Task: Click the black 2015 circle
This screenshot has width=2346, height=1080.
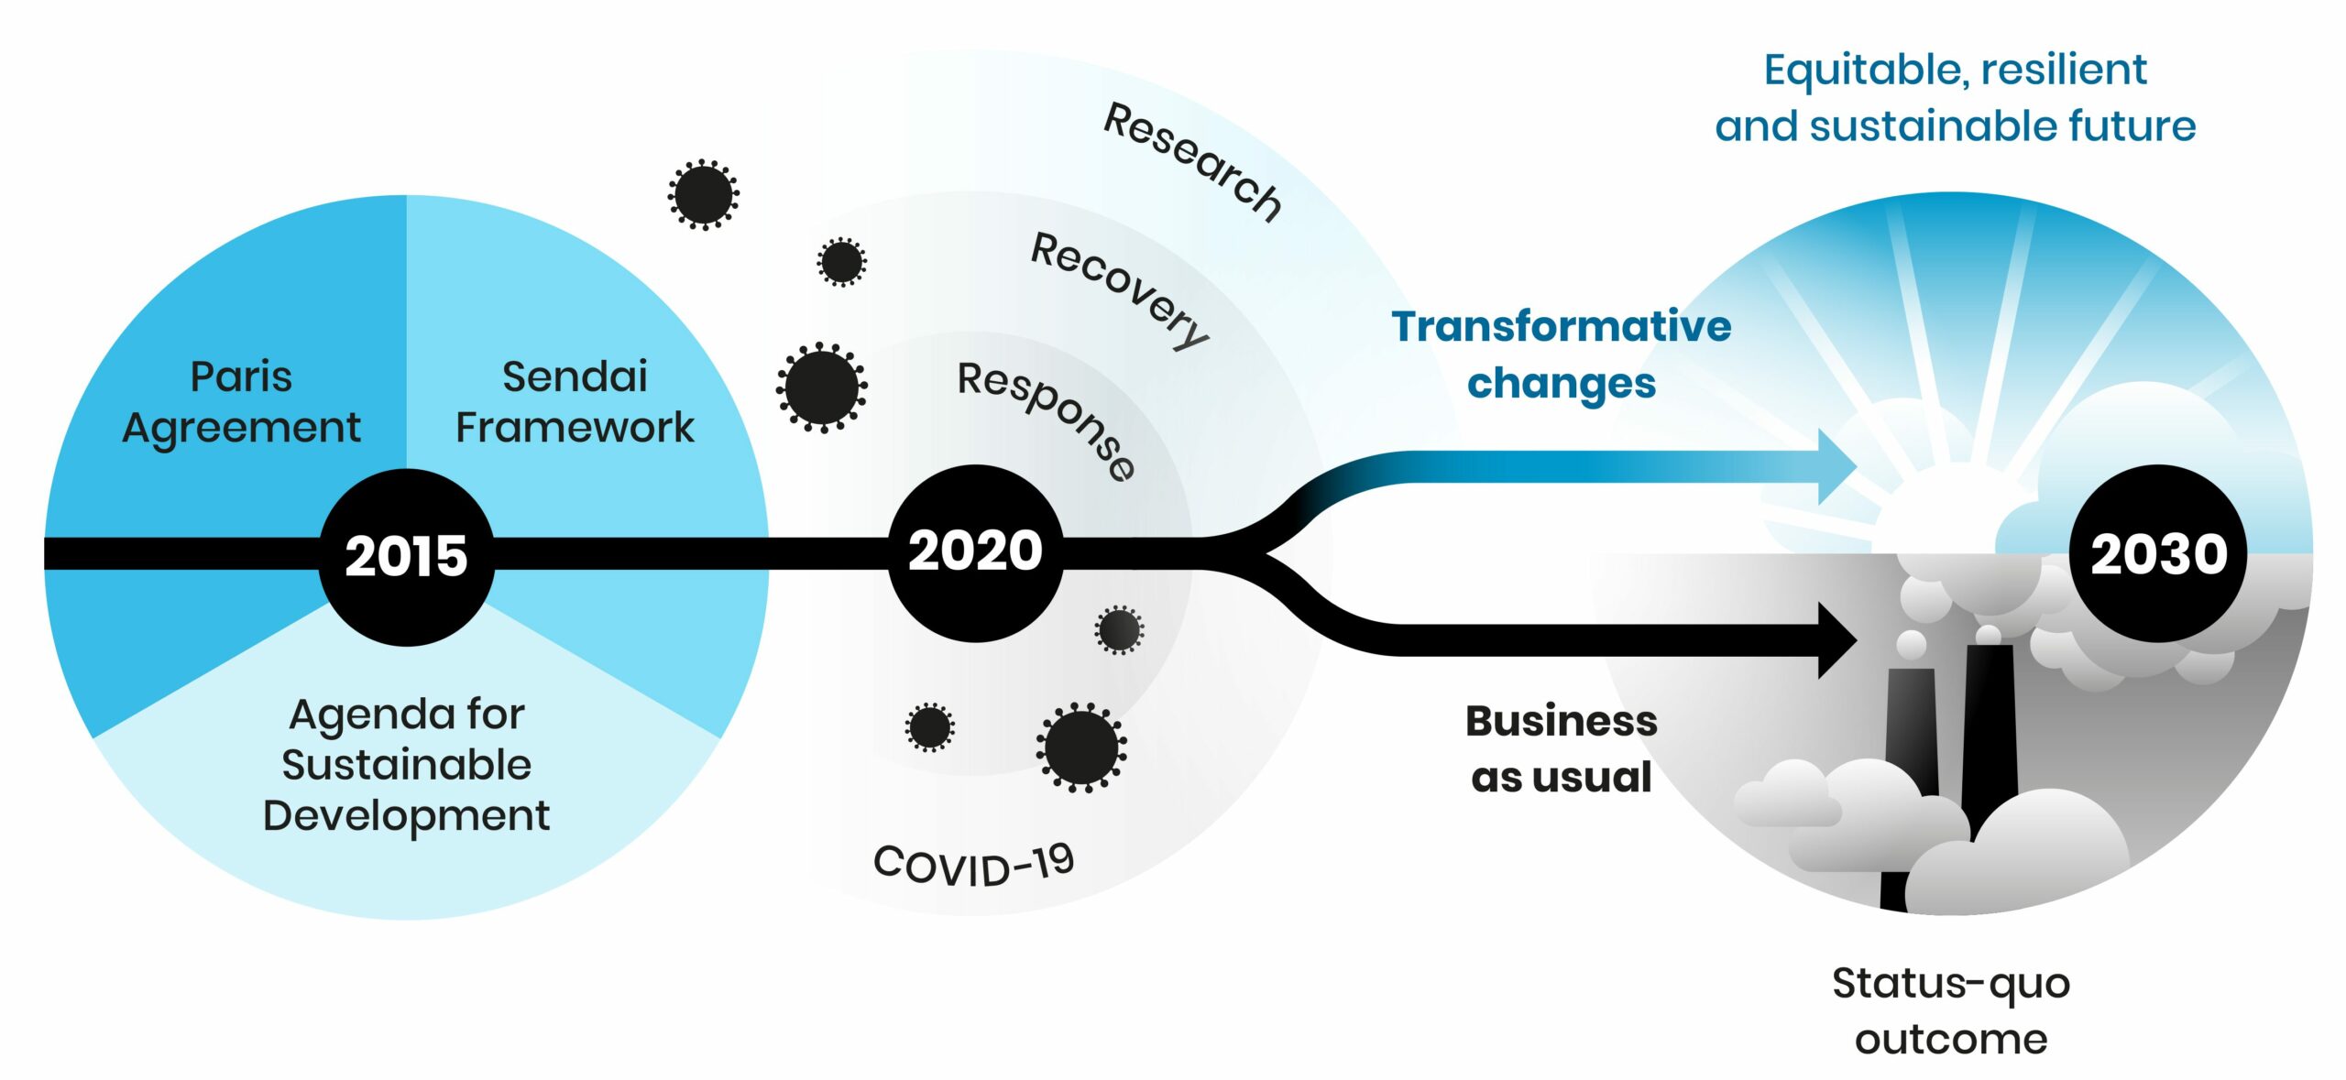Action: [x=406, y=556]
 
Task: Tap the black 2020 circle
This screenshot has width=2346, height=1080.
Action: [x=976, y=552]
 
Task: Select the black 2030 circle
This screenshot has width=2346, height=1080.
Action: [x=2158, y=553]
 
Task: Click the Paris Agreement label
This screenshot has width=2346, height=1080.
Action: [x=241, y=401]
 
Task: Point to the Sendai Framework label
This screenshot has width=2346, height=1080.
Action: [x=575, y=401]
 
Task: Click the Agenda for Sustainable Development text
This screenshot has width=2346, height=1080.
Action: [x=406, y=764]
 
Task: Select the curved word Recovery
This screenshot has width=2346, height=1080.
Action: [x=1120, y=289]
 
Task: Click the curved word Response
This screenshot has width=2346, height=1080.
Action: [x=1047, y=418]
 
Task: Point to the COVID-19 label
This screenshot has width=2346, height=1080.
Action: [x=973, y=865]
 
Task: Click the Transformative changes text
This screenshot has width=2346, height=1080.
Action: [x=1562, y=355]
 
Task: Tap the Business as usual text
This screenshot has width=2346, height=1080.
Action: [x=1562, y=748]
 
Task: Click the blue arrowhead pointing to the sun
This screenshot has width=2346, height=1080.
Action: [x=1836, y=467]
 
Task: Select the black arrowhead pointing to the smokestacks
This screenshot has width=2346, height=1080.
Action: [x=1836, y=640]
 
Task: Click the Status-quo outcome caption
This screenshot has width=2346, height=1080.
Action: [x=1951, y=1010]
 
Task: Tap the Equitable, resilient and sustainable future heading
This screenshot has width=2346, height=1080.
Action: [x=1956, y=97]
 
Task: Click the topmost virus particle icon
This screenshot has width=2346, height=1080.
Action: [x=703, y=194]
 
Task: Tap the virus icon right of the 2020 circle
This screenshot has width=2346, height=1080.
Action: [x=1119, y=629]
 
